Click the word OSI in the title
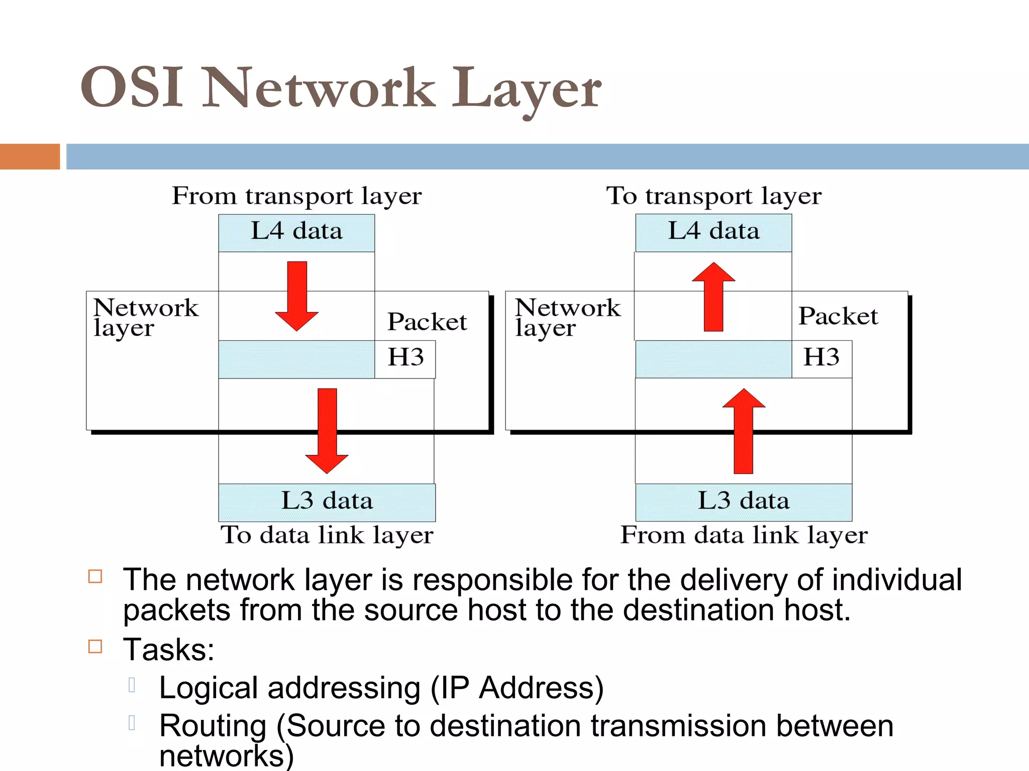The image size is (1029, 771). pos(132,88)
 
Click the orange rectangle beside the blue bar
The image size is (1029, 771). pos(30,157)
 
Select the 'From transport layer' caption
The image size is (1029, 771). pos(296,196)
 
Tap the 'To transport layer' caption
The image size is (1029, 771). pos(713,196)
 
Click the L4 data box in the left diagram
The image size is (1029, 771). pos(296,232)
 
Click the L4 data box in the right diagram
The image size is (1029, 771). pos(713,232)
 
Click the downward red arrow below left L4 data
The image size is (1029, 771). pos(297,296)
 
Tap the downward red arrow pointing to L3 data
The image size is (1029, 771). pos(327,432)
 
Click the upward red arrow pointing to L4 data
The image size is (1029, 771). pos(713,296)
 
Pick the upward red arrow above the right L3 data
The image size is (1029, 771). pos(744,432)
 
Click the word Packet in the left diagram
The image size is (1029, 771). pos(427,322)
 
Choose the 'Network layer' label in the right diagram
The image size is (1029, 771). pos(568,317)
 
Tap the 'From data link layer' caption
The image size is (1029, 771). pos(744,535)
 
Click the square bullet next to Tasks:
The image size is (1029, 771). pos(95,646)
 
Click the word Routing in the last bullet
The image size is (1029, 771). pos(213,726)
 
